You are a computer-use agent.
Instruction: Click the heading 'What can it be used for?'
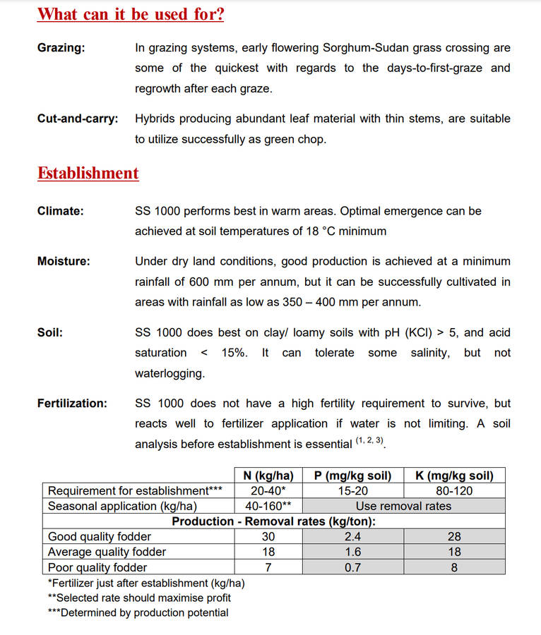[x=131, y=14]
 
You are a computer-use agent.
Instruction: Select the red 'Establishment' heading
[x=88, y=174]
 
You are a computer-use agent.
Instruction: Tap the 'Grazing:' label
[x=61, y=48]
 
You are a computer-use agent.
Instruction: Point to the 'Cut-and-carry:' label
[x=78, y=119]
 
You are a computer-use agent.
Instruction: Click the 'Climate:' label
[x=60, y=211]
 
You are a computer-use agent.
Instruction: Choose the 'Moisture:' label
[x=64, y=261]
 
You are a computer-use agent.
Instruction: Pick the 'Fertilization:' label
[x=72, y=404]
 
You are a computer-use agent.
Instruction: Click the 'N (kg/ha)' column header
[x=268, y=476]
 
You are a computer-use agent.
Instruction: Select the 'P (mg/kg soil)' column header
[x=352, y=476]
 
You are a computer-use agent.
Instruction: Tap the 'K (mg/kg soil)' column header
[x=454, y=476]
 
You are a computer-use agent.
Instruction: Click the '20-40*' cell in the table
[x=268, y=491]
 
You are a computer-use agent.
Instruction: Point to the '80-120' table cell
[x=454, y=491]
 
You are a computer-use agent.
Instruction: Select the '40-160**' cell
[x=268, y=506]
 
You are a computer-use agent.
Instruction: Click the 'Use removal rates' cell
[x=403, y=506]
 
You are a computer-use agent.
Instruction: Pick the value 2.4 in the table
[x=352, y=537]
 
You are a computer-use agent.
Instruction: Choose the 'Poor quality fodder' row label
[x=97, y=567]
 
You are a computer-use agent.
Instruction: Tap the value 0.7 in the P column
[x=352, y=567]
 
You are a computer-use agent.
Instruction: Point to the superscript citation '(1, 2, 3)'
[x=370, y=441]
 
